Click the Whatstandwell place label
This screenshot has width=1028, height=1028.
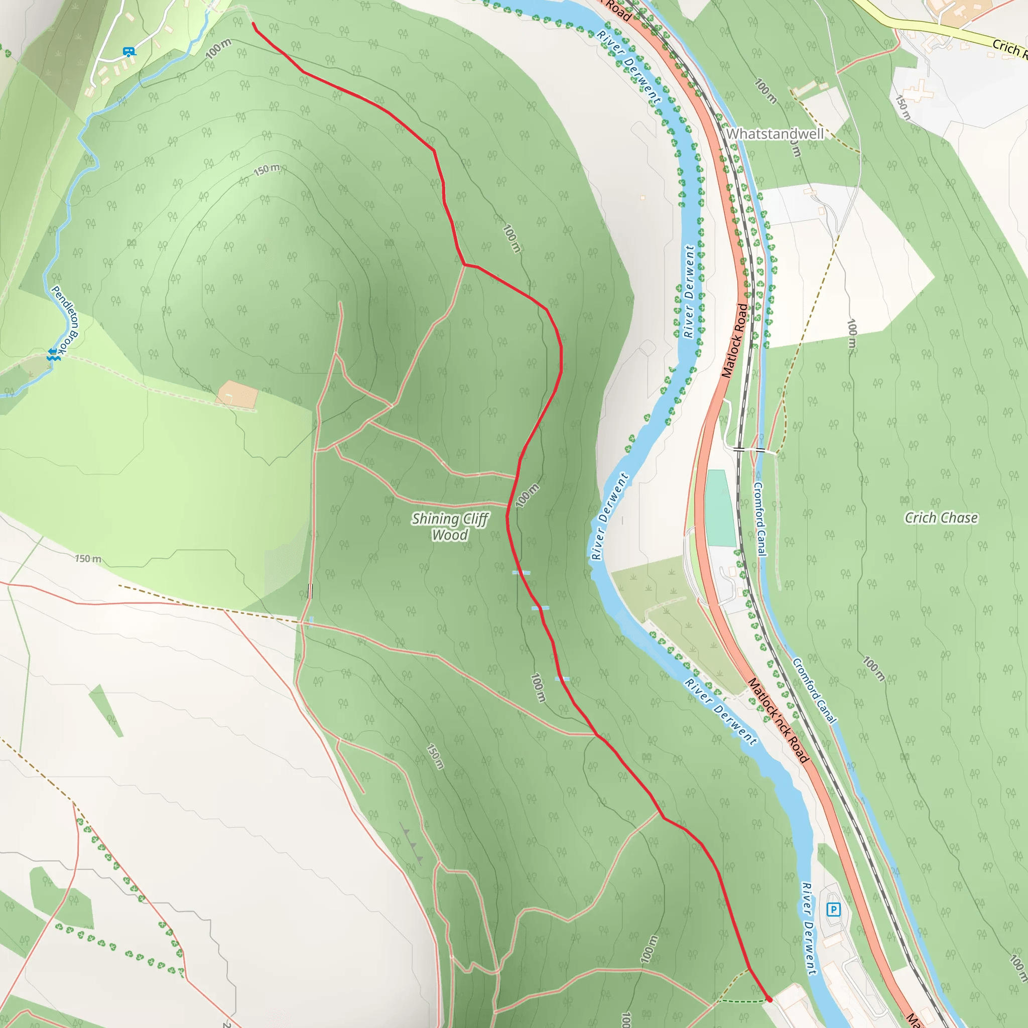click(775, 134)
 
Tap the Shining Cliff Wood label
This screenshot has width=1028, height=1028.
click(450, 527)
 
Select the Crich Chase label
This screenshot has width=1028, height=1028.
click(941, 518)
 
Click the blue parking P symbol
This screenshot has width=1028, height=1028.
click(833, 910)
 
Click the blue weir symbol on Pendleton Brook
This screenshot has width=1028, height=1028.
click(53, 354)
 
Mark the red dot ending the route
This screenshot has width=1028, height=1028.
click(769, 1000)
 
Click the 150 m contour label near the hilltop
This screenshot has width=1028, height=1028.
click(267, 170)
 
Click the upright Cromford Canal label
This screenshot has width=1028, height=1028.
click(760, 519)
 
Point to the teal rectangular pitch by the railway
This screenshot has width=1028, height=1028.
click(720, 508)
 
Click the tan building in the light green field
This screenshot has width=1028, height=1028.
click(237, 394)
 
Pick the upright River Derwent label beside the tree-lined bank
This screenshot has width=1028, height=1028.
click(689, 292)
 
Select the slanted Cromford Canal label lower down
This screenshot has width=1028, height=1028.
click(814, 691)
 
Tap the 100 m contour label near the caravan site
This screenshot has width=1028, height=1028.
click(218, 48)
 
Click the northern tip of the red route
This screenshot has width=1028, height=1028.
click(253, 24)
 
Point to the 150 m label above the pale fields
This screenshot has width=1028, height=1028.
click(88, 559)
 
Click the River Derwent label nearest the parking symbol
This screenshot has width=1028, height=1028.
click(808, 929)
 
